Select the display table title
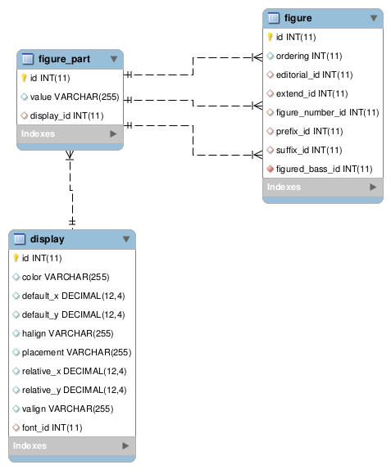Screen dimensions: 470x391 tap(47, 239)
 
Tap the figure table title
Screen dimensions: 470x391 tap(298, 17)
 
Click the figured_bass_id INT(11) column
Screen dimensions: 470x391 tap(325, 169)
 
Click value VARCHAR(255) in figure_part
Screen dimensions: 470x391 tap(74, 97)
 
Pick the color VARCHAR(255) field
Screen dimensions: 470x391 tap(71, 277)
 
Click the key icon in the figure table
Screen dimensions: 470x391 tap(271, 37)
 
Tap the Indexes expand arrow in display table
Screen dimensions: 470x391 tap(125, 446)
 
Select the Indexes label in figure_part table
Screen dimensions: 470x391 tap(39, 133)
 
